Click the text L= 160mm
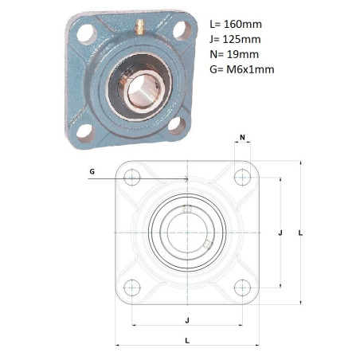pyautogui.click(x=236, y=24)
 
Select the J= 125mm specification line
pyautogui.click(x=235, y=39)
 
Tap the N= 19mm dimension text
pyautogui.click(x=234, y=54)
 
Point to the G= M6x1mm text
pyautogui.click(x=242, y=69)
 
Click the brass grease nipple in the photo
pyautogui.click(x=139, y=27)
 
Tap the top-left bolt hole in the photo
pyautogui.click(x=86, y=33)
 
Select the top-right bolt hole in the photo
pyautogui.click(x=182, y=30)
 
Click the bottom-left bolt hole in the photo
pyautogui.click(x=85, y=133)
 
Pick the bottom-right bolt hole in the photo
pyautogui.click(x=177, y=125)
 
